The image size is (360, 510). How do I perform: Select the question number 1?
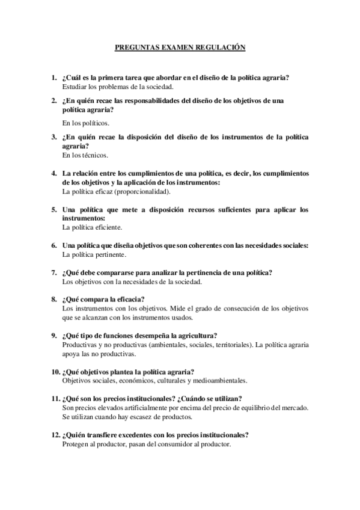[x=53, y=78]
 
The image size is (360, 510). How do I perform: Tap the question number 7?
[x=53, y=272]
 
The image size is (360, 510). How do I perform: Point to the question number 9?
[x=53, y=336]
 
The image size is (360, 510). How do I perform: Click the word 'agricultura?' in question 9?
[x=198, y=336]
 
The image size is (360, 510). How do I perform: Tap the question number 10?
[x=55, y=372]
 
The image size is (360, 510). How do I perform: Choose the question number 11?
[x=55, y=399]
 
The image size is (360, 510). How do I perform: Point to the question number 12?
[x=55, y=435]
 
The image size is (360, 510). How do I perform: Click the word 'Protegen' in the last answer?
[x=76, y=444]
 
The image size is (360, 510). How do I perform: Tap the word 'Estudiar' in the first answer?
[x=76, y=87]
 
